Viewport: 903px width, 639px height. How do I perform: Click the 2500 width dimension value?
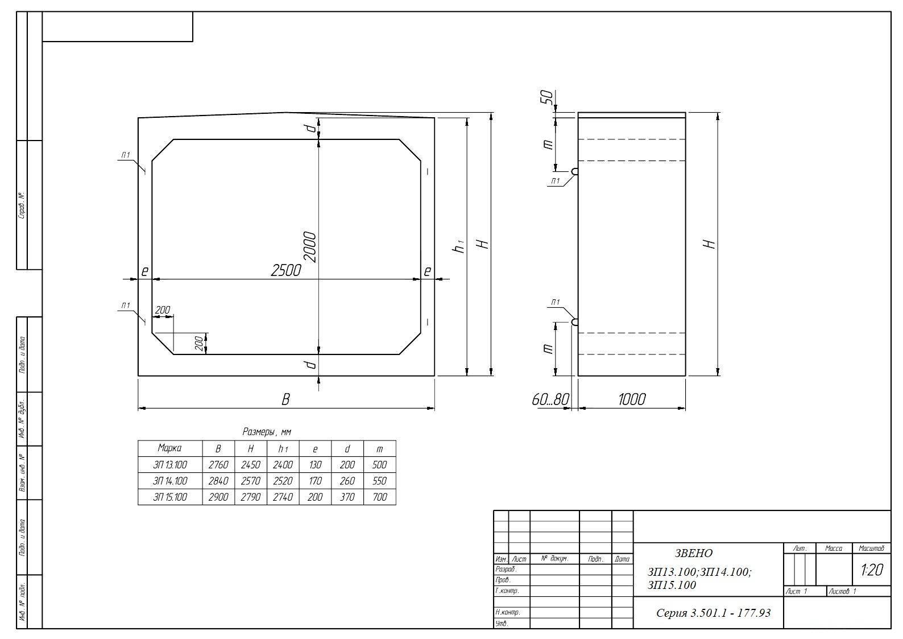(x=286, y=270)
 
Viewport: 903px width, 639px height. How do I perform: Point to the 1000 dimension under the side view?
(x=632, y=399)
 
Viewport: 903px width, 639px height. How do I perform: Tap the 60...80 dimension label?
(x=550, y=399)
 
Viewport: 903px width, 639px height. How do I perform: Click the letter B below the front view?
(x=285, y=399)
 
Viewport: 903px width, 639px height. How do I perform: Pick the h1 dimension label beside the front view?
(x=459, y=246)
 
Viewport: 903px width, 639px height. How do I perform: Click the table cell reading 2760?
(x=218, y=465)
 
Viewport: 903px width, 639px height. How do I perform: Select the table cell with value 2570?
(x=250, y=481)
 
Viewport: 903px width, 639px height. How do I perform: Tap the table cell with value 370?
(x=347, y=497)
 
